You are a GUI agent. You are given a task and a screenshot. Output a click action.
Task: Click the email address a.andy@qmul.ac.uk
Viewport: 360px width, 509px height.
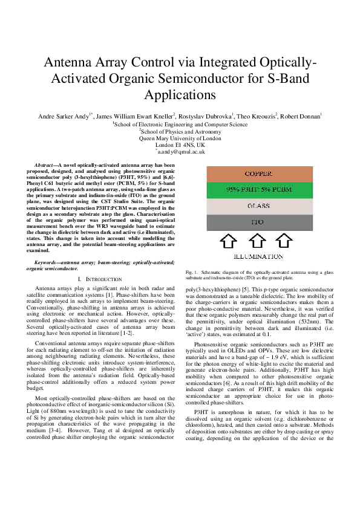(180, 152)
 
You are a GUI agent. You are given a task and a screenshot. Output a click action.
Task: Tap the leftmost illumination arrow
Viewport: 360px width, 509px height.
(228, 241)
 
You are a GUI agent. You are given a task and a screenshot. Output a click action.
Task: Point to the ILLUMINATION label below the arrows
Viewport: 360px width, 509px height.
(259, 257)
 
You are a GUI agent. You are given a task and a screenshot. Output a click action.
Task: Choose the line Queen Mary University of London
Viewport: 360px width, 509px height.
(180, 138)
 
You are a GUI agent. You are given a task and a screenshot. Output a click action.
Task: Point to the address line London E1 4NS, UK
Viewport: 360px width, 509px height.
(180, 145)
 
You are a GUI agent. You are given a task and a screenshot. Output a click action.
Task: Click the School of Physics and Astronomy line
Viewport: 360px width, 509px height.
(180, 131)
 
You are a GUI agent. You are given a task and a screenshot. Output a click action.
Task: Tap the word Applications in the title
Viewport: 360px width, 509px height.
(180, 94)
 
